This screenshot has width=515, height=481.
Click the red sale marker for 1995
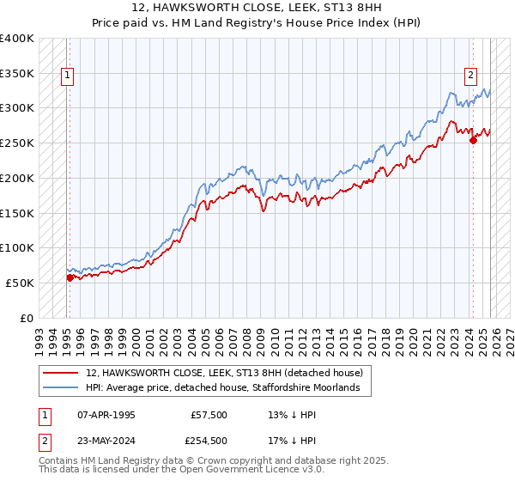(x=70, y=277)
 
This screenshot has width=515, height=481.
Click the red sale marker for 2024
(x=473, y=141)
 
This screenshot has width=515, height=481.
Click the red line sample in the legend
(x=60, y=374)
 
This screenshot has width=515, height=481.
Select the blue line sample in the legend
(x=60, y=388)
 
